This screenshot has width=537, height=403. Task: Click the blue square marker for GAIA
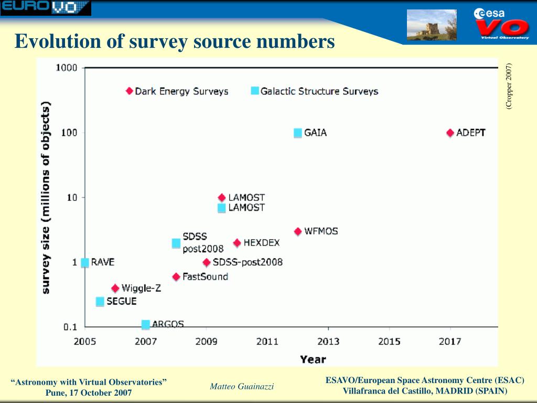click(x=298, y=133)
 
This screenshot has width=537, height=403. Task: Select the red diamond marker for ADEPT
click(x=450, y=133)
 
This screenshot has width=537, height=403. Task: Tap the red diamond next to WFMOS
click(x=298, y=231)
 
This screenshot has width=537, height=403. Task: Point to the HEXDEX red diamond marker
click(x=237, y=243)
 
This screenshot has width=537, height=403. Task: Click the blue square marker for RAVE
click(x=85, y=262)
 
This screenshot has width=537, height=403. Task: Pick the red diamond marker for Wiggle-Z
click(x=115, y=288)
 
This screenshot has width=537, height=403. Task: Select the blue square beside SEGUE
click(x=100, y=302)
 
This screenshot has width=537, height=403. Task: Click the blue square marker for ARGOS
click(x=146, y=325)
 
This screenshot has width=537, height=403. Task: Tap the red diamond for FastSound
click(x=176, y=277)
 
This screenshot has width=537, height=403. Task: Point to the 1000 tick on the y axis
click(x=67, y=68)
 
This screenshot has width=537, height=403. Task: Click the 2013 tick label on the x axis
click(x=328, y=342)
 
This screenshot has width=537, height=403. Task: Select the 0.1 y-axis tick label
click(x=70, y=327)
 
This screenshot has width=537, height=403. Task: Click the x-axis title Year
click(x=313, y=359)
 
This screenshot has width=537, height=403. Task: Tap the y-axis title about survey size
click(x=46, y=197)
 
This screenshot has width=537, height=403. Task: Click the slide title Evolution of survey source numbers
click(x=175, y=41)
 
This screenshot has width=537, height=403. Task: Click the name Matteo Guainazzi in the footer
click(x=242, y=387)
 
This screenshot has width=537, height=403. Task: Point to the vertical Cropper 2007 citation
click(x=509, y=86)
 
